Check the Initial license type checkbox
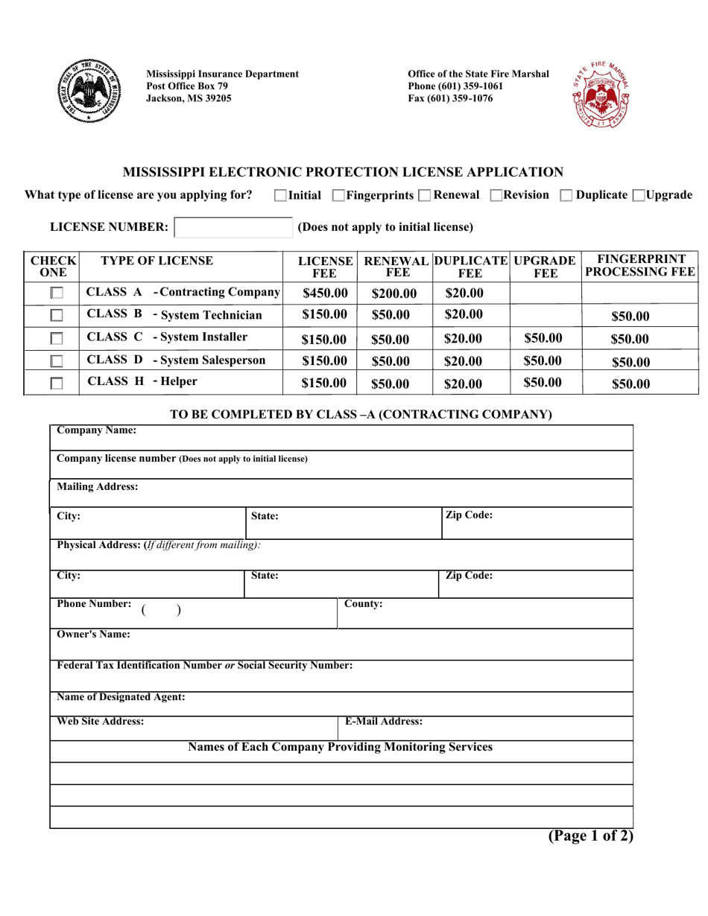pos(280,196)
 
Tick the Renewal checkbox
pos(424,196)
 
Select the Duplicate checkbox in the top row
pos(566,196)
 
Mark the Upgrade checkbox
pos(639,196)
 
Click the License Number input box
pos(233,227)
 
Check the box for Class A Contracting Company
pos(57,293)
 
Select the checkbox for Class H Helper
pos(57,384)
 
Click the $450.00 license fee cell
pos(325,293)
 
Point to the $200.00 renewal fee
pos(394,293)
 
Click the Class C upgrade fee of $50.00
pos(543,338)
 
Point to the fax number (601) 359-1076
pos(450,98)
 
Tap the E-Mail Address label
pos(383,722)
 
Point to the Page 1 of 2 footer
pos(590,836)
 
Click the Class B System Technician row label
pos(174,315)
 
